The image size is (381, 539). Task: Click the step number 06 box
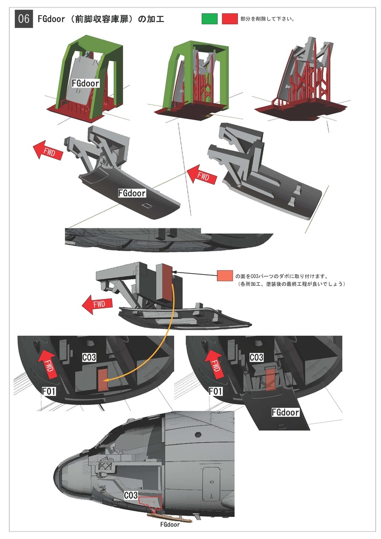pos(23,18)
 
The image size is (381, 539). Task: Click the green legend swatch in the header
pos(209,18)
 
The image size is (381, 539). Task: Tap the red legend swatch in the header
pos(229,18)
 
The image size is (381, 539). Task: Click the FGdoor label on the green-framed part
pos(86,83)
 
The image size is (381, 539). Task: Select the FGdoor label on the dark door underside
pos(132,193)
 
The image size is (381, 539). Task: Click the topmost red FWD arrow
pos(48,151)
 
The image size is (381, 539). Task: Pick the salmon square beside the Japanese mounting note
pos(225,276)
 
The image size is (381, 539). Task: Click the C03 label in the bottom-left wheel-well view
pos(89,357)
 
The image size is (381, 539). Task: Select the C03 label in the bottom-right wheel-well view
pos(256,357)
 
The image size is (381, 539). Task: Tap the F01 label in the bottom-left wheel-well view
pos(49,391)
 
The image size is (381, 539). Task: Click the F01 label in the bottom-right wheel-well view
pos(216,391)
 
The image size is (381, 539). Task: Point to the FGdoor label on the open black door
pos(285,412)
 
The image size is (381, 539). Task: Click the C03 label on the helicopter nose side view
pos(131,495)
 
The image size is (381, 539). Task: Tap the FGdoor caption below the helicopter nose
pos(170,525)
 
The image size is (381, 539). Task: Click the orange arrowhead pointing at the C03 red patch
pos(106,380)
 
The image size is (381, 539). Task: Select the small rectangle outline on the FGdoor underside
pos(147,206)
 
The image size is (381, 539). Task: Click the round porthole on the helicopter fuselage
pos(198,434)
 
